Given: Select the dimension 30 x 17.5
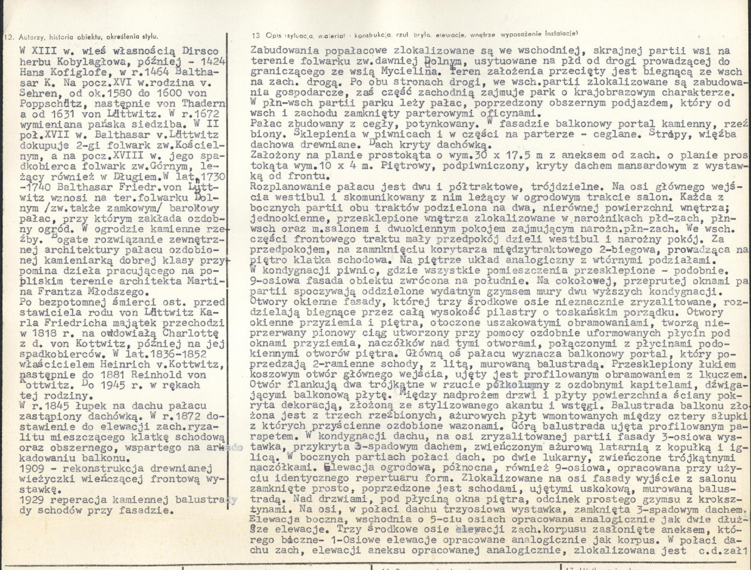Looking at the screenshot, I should (519, 154).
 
